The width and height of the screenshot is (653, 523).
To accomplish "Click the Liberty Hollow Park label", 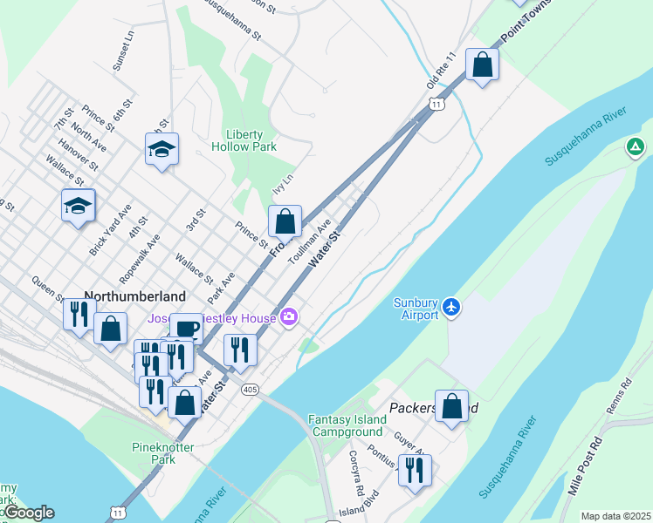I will coord(251,140).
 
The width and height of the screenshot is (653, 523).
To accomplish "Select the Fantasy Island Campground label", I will coord(347,425).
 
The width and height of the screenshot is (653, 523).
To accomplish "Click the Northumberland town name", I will coord(135,295).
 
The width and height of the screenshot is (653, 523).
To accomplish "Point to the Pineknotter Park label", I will coord(162,453).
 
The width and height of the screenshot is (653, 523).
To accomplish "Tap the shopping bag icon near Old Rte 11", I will coord(482,65).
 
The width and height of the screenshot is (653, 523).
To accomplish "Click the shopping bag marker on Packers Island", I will coord(451,405).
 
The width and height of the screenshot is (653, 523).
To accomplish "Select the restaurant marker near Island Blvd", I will coord(415,471).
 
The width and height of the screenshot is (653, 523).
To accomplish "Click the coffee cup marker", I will coord(185,329).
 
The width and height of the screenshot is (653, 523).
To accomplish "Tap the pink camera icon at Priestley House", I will coord(289,317).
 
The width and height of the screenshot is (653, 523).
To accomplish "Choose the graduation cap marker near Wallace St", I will coord(79,206).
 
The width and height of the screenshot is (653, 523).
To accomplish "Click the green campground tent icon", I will coord(636,146).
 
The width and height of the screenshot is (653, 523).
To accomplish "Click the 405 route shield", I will coord(251,389).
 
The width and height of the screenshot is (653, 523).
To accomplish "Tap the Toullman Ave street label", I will coord(309,241).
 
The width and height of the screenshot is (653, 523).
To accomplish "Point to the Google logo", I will coord(28,513).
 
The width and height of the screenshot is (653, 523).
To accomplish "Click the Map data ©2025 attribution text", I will coord(615,516).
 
